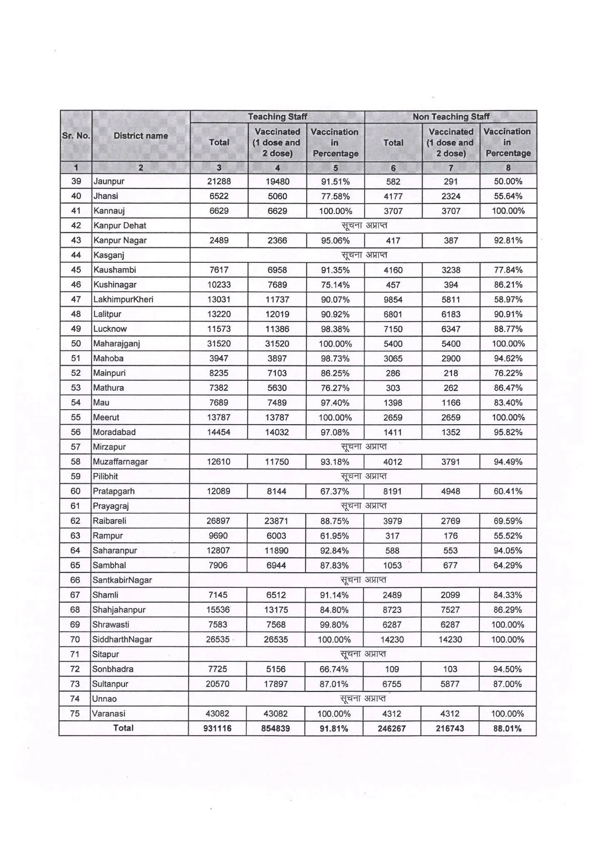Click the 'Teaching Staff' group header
click(x=277, y=116)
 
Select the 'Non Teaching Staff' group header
click(x=451, y=116)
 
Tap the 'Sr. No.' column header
click(x=76, y=136)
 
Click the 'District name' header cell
click(x=141, y=136)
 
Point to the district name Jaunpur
click(x=109, y=181)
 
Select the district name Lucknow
click(x=110, y=329)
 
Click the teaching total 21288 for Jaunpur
click(x=219, y=181)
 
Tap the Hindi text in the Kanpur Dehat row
click(x=364, y=225)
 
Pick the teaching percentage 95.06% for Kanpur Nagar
click(x=335, y=240)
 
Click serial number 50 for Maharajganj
click(x=76, y=344)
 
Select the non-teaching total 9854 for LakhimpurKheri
click(x=393, y=300)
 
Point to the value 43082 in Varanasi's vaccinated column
click(x=276, y=713)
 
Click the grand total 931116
click(x=218, y=728)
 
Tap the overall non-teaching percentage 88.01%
click(x=508, y=728)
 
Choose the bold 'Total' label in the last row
click(x=124, y=728)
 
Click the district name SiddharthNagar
click(x=122, y=639)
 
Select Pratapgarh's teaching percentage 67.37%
click(x=334, y=491)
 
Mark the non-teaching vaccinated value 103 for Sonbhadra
click(x=450, y=669)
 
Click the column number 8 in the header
click(x=508, y=168)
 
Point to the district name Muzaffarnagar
click(x=121, y=462)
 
